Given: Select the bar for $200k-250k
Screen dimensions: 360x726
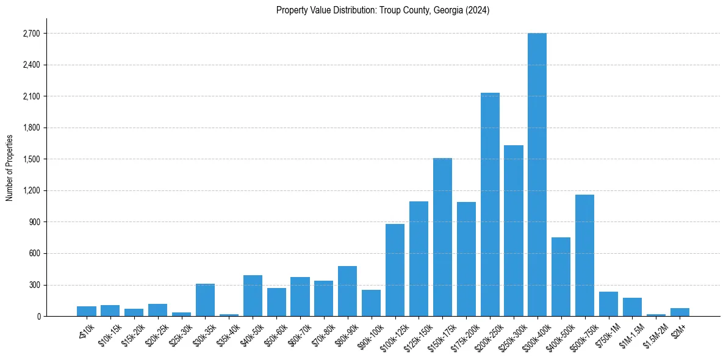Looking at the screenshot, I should (490, 204).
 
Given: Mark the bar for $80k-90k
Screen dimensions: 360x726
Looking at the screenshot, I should (347, 291).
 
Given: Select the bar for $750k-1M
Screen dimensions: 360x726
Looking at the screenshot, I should (608, 304).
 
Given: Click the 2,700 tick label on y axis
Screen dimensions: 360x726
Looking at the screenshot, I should (31, 34).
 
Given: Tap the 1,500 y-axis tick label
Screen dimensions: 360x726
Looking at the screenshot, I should (31, 159).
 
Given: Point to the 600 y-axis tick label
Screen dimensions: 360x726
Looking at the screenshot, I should (34, 253).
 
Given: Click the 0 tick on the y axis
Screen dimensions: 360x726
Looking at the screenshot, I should (38, 316).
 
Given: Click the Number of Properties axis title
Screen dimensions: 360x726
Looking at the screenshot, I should (9, 168).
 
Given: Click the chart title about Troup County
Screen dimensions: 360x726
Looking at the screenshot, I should (383, 10).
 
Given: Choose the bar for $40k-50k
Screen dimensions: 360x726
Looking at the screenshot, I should (253, 295).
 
